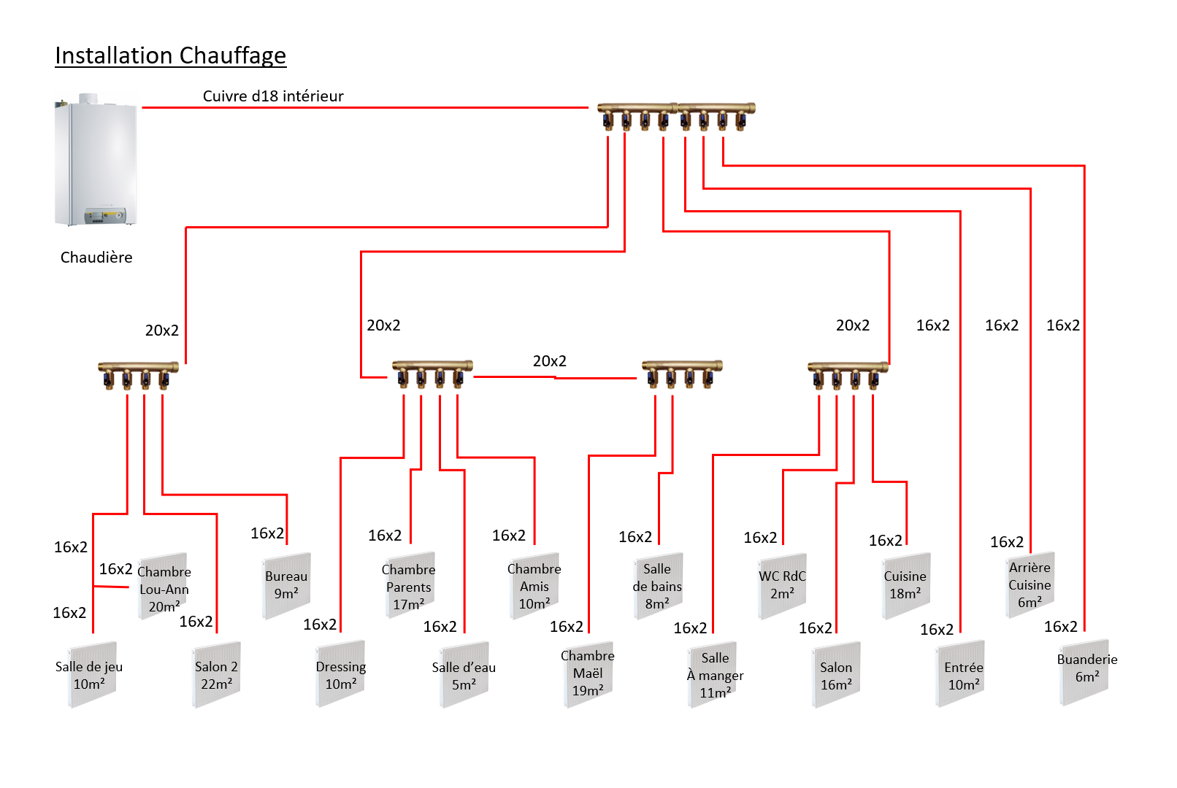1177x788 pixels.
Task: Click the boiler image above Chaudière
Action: (x=96, y=160)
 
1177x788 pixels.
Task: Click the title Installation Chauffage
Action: (x=170, y=55)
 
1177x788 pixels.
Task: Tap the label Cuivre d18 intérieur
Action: (x=273, y=96)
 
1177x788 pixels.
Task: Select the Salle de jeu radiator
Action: (x=92, y=675)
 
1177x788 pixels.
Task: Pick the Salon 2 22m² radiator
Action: (x=217, y=675)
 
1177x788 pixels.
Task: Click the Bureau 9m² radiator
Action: (x=286, y=585)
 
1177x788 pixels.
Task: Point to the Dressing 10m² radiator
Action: (x=340, y=675)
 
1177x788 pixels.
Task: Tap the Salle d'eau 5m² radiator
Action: (x=464, y=675)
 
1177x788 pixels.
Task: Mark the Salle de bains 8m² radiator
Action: (x=658, y=586)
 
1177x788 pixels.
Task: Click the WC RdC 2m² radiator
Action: (x=782, y=586)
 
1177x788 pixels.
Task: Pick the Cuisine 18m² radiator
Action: (x=905, y=586)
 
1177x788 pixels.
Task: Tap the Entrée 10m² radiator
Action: (x=960, y=675)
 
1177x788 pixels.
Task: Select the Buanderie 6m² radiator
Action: (x=1084, y=671)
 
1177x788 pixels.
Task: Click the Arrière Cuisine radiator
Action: (x=1030, y=584)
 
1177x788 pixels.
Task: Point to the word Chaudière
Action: (x=96, y=258)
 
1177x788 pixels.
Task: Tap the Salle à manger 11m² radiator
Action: (x=713, y=675)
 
